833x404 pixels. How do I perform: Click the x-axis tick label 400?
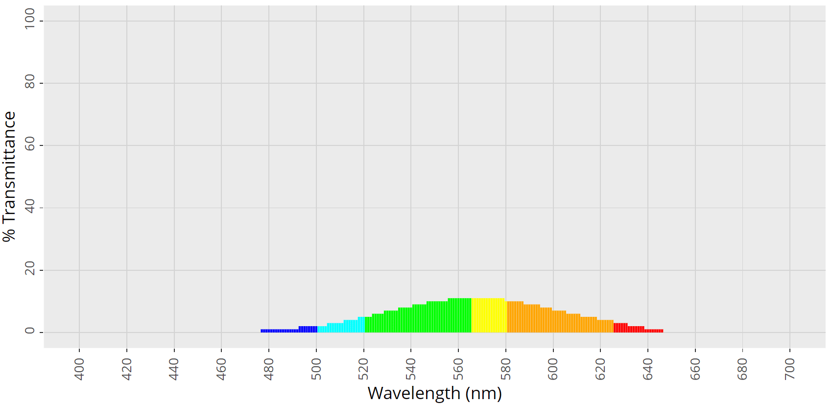[x=79, y=369]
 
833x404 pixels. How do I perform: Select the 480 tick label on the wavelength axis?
[x=268, y=369]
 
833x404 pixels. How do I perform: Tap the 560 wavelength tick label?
[x=458, y=369]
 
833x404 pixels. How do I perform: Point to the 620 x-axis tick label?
[x=600, y=369]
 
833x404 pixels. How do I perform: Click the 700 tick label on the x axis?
[x=789, y=369]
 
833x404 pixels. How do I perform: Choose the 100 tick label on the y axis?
[x=30, y=19]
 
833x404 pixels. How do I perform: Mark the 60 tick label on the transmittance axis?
[x=30, y=144]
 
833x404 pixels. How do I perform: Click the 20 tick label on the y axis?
[x=30, y=268]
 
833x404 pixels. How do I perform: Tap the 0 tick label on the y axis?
[x=30, y=331]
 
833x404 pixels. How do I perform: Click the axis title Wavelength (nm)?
[x=434, y=393]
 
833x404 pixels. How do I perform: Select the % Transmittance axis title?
[x=9, y=176]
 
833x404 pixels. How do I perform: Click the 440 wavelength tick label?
[x=174, y=369]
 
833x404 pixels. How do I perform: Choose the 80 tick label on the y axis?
[x=30, y=81]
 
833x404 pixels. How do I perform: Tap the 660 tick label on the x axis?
[x=695, y=369]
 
